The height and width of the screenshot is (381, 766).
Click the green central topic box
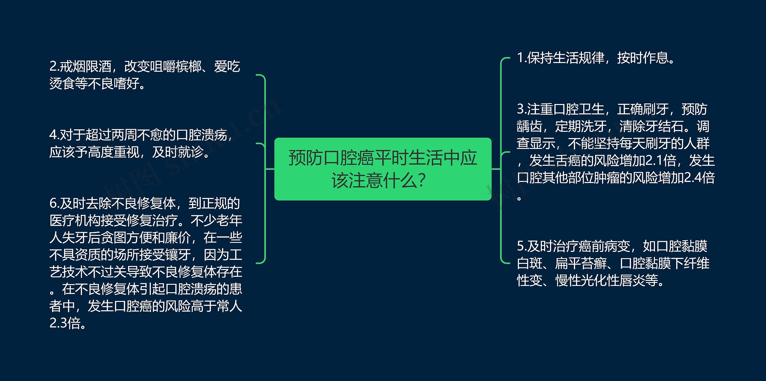click(383, 169)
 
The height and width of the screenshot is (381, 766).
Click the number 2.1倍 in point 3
click(660, 161)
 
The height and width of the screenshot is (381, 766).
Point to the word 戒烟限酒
click(86, 66)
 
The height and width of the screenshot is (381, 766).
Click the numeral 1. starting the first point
click(522, 58)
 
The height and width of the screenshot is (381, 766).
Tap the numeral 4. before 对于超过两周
click(54, 135)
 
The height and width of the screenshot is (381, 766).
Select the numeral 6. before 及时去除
click(54, 204)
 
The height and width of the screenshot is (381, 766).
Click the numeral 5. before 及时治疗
click(522, 246)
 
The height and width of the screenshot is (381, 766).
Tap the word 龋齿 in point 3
click(529, 126)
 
